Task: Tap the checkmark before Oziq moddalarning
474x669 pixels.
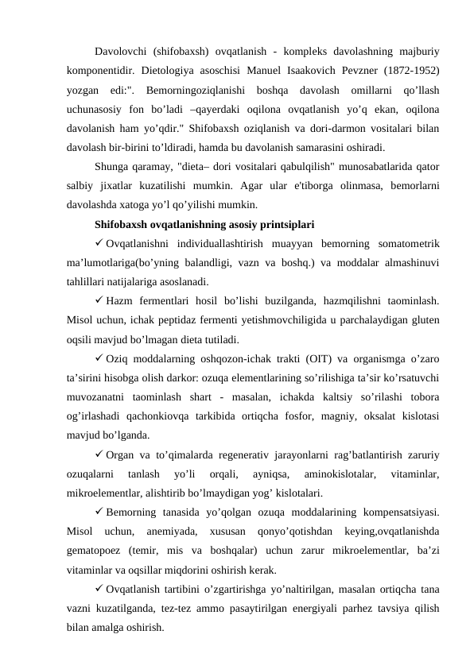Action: pos(98,358)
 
